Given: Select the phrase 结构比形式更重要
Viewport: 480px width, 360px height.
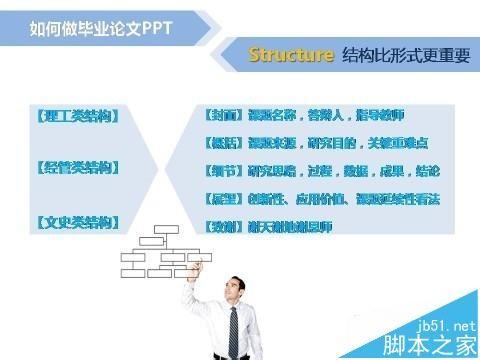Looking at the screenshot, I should (x=405, y=55).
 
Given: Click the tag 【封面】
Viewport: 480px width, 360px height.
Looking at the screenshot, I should (x=217, y=114).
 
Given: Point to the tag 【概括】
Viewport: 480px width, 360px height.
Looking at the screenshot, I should (x=217, y=142).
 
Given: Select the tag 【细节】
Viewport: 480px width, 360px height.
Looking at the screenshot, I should (x=217, y=171).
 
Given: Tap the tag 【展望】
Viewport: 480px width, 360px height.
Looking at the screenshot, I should (x=217, y=199).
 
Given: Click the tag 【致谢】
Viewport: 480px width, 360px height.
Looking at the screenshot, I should (x=217, y=227).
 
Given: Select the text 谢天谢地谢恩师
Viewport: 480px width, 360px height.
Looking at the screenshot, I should (x=285, y=227).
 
